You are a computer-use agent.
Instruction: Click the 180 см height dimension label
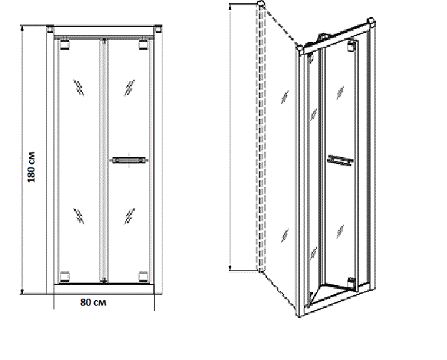tap(31, 167)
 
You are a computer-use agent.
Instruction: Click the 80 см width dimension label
tap(93, 302)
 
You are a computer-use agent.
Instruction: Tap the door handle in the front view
tap(129, 160)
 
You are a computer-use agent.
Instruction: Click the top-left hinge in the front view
tap(65, 44)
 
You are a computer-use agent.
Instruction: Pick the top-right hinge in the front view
tap(143, 44)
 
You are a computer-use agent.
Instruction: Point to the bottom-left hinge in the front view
tap(65, 277)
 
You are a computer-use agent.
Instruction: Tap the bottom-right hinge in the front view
tap(143, 277)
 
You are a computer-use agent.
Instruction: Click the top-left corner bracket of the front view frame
tap(50, 29)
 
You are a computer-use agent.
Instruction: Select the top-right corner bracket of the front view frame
tap(158, 29)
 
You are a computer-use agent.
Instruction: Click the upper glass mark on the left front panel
tap(79, 87)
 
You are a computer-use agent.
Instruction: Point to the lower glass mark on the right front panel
tap(129, 216)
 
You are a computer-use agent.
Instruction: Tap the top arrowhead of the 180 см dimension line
tap(22, 28)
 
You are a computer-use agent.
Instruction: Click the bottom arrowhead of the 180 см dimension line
tap(22, 292)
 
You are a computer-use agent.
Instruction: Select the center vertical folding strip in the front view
tap(104, 160)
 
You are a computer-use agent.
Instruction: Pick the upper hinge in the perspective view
tap(352, 46)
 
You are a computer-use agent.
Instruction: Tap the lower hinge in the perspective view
tap(352, 283)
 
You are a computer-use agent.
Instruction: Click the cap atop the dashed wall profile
tap(261, 4)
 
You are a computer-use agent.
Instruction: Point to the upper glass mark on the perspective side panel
tap(285, 97)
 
